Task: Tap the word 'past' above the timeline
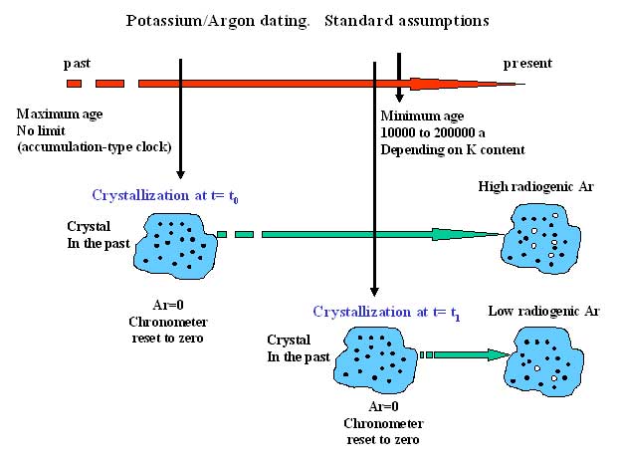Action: tap(77, 63)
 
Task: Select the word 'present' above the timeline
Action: tap(526, 63)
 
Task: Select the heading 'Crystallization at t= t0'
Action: tap(164, 195)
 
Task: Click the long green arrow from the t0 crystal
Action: tap(358, 235)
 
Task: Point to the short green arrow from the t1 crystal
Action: tap(463, 353)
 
